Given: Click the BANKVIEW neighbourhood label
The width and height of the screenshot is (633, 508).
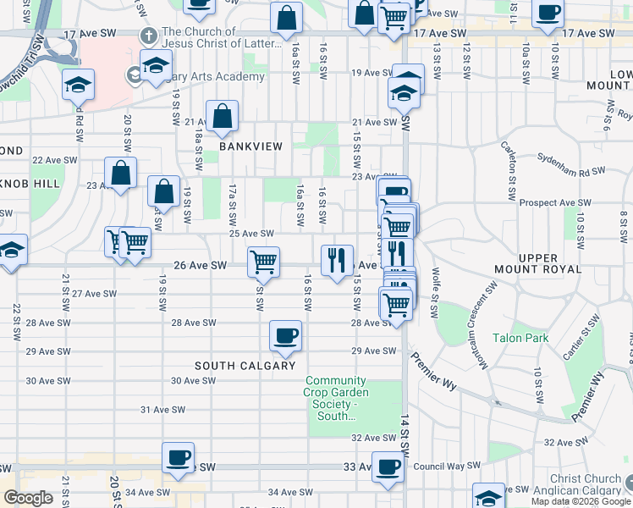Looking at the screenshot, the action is [x=245, y=146].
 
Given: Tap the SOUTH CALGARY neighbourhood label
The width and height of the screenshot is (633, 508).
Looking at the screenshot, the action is [x=245, y=366].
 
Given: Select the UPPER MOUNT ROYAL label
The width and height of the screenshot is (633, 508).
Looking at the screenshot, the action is [x=539, y=263].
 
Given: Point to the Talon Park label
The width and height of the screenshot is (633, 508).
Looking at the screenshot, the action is [x=520, y=338].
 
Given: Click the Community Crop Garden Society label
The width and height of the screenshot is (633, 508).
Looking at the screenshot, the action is [x=336, y=398].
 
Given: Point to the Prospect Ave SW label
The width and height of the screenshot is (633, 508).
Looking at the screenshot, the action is [x=554, y=203].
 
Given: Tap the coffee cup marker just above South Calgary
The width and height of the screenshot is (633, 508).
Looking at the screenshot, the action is [x=285, y=336].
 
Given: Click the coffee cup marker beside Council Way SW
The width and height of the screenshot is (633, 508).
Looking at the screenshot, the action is [x=388, y=466].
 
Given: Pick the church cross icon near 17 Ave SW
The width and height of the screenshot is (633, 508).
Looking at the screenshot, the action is [x=149, y=36].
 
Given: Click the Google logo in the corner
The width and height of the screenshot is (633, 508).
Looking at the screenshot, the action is [x=28, y=498].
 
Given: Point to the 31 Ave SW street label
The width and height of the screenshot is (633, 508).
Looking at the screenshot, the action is [x=163, y=410].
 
